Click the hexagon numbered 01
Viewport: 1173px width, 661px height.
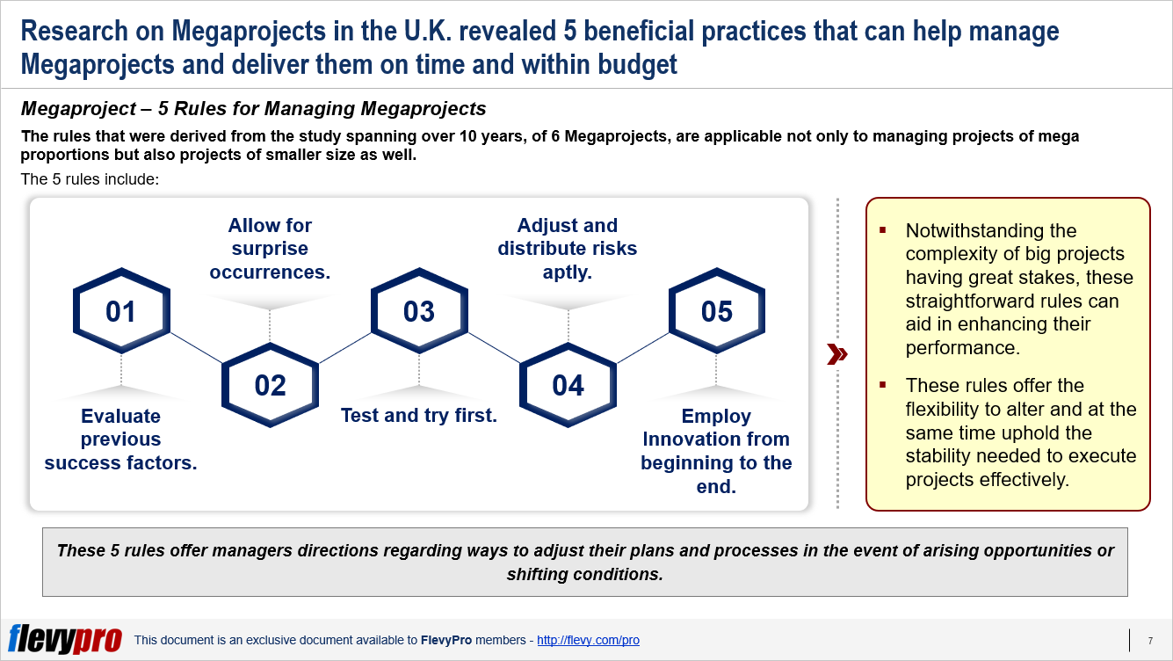[120, 312]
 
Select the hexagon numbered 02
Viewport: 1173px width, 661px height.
[270, 386]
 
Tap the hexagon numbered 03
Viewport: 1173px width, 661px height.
[419, 312]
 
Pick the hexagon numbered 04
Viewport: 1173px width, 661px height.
[568, 386]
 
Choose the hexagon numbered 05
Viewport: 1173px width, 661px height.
[716, 312]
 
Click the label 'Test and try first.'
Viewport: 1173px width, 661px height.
[419, 416]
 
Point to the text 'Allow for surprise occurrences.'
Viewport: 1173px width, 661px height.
[270, 249]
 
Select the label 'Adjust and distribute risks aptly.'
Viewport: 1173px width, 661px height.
[568, 249]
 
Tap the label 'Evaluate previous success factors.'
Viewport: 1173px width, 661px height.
[120, 439]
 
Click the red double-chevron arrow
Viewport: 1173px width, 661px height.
[838, 354]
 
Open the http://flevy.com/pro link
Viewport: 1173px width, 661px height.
[588, 641]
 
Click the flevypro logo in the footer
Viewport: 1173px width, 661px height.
[65, 639]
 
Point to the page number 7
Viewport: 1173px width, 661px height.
[1150, 641]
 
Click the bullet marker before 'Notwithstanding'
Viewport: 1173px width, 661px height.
[883, 232]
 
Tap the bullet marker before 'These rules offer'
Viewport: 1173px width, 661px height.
[883, 387]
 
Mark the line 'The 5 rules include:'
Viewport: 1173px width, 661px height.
[91, 179]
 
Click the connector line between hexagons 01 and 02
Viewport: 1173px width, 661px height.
[195, 349]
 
